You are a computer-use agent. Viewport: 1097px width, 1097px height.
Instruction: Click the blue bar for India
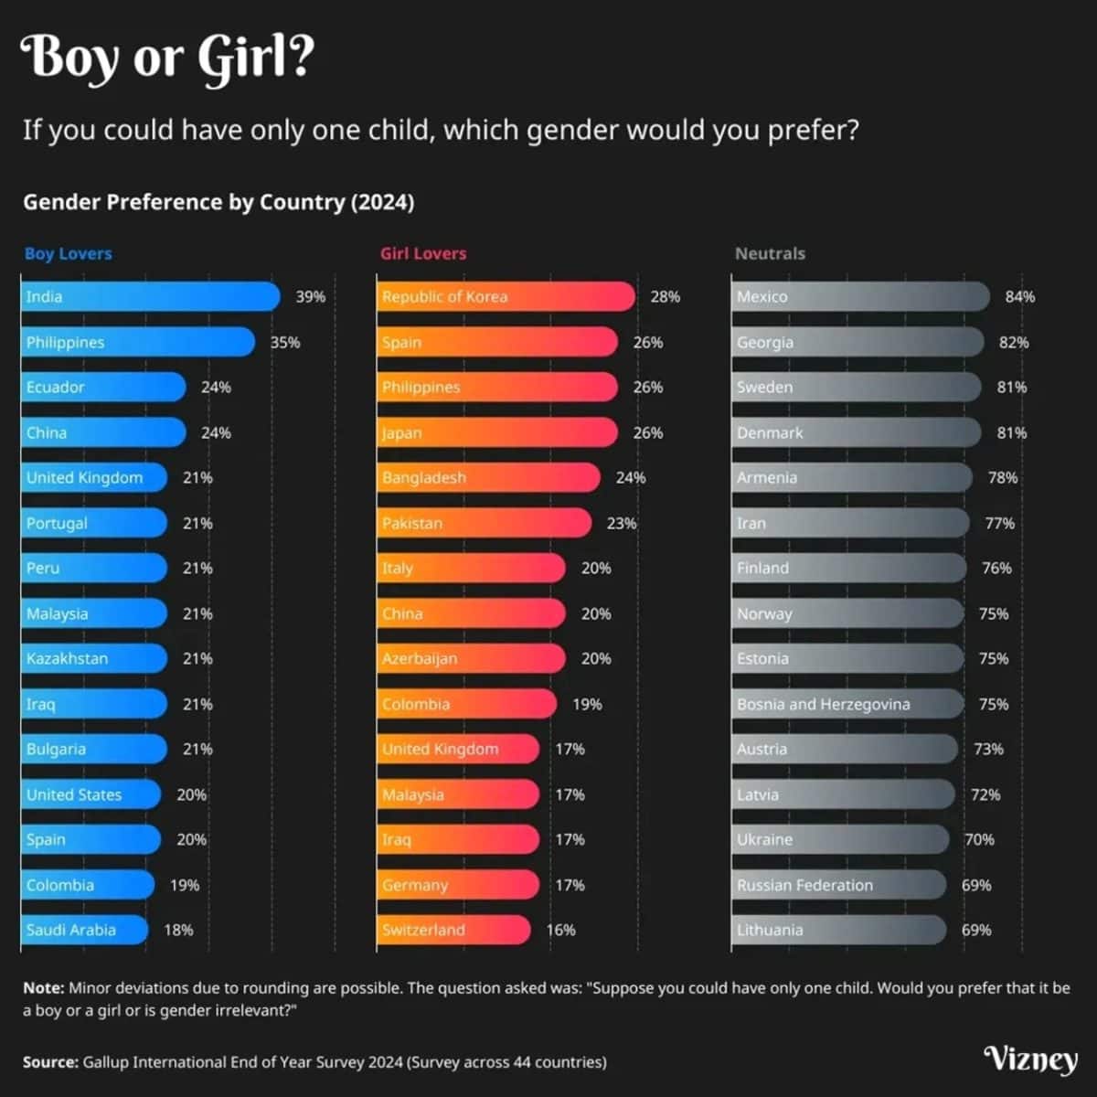[150, 296]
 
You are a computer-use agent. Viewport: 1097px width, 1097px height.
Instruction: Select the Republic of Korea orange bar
[506, 296]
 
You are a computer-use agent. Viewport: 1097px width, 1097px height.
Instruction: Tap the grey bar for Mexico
[859, 296]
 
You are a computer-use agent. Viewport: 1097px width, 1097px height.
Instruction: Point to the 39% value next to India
[310, 296]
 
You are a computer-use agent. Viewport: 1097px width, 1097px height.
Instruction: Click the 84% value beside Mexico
[1019, 296]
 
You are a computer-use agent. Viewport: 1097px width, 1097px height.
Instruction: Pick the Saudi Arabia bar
[84, 930]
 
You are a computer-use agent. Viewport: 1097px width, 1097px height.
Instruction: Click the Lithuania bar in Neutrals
[838, 930]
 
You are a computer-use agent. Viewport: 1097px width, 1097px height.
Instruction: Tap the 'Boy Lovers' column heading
[69, 253]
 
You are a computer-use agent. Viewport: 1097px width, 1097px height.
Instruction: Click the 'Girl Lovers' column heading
[423, 253]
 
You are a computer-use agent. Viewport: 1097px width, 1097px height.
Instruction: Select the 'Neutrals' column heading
[770, 253]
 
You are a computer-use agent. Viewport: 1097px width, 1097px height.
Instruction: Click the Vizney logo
[1030, 1059]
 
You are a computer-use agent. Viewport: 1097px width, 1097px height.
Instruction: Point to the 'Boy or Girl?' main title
[167, 57]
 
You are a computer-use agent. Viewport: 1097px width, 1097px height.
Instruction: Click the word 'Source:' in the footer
[50, 1062]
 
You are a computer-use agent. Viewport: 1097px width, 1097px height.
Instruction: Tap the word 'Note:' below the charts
[43, 988]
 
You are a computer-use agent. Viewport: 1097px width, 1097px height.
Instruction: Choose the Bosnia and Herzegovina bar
[847, 704]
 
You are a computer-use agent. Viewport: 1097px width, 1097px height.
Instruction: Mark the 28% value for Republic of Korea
[665, 296]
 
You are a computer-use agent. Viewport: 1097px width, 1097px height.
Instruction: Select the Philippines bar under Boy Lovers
[137, 342]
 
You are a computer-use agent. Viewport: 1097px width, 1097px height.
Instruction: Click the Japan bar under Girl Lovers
[497, 432]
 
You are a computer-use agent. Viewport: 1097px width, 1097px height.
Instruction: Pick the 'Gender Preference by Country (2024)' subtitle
[218, 202]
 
